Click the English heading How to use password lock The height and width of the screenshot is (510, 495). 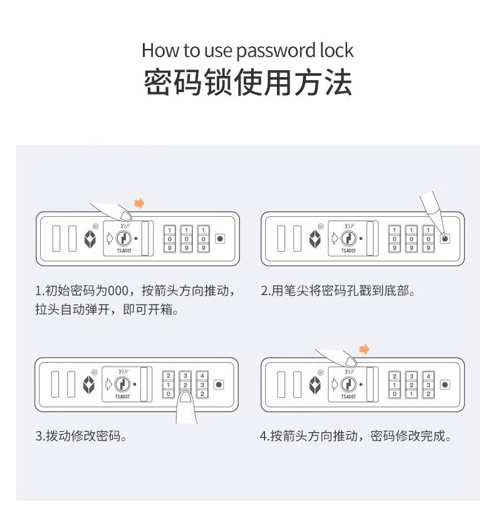coord(247,50)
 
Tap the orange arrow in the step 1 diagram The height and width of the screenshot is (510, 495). coord(140,203)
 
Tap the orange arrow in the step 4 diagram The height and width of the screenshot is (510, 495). coord(364,349)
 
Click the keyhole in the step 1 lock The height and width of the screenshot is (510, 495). coord(123,239)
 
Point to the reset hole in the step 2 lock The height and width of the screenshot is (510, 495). coord(445,239)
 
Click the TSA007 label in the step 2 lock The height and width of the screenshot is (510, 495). coord(348,251)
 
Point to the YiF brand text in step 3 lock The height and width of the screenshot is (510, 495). coord(122,372)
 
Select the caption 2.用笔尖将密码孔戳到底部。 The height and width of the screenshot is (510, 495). coord(338,291)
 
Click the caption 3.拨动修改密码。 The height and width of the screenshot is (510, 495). coord(81,436)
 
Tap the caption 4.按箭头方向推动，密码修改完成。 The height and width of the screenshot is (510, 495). coord(355,436)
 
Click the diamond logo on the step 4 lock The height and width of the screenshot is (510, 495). coord(315,384)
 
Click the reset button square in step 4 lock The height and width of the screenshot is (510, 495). coord(445,384)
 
